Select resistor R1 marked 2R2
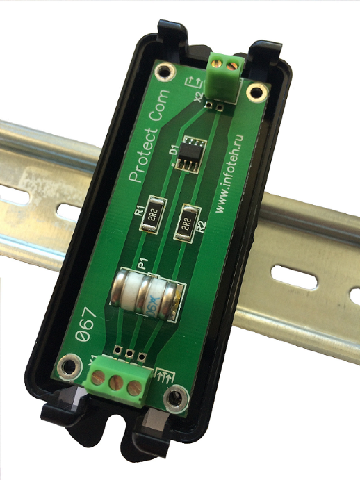[154, 221]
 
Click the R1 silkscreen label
[139, 207]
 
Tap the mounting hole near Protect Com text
[165, 72]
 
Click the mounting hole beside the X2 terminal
[256, 92]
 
